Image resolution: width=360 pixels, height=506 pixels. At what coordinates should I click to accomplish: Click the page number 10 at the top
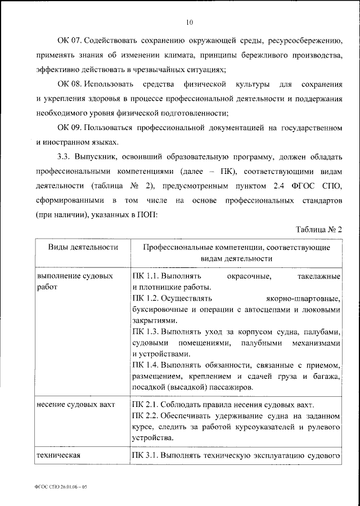189,22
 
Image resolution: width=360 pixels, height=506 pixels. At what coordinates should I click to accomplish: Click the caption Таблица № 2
318,229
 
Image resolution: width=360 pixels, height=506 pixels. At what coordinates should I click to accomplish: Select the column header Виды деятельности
82,247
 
